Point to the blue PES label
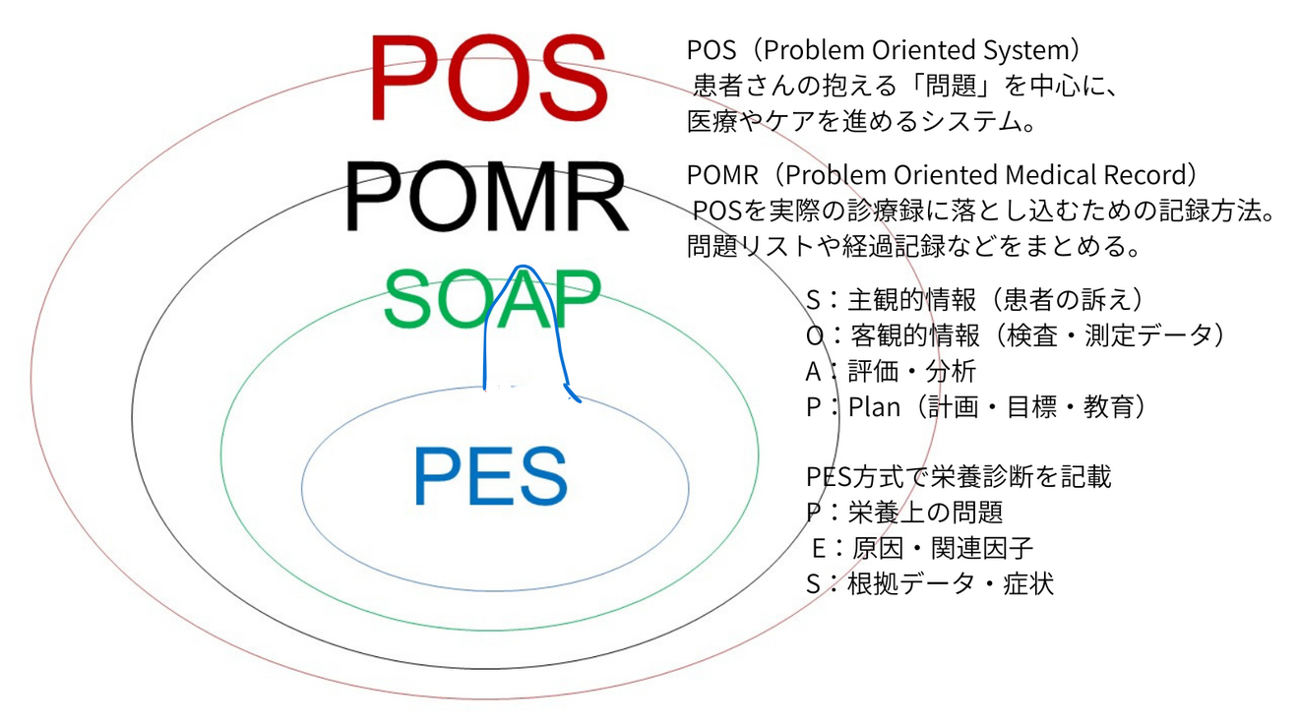[x=490, y=477]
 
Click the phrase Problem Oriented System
[x=917, y=49]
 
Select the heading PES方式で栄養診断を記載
[x=959, y=476]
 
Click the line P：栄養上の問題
[x=903, y=513]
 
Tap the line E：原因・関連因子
[x=922, y=548]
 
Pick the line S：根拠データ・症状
[x=929, y=583]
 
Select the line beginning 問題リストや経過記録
[x=914, y=246]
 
